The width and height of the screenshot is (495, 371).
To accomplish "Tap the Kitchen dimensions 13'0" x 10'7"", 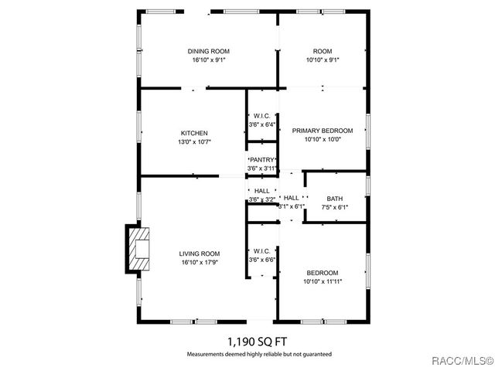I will (194, 142).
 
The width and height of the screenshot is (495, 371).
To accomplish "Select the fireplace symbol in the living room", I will (139, 249).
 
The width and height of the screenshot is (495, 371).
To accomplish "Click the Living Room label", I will (200, 254).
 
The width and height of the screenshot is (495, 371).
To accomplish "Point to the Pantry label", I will (261, 160).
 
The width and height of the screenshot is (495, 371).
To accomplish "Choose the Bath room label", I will (334, 199).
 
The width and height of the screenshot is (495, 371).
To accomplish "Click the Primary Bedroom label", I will (322, 131).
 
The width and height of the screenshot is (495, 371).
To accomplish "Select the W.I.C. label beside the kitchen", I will (261, 115).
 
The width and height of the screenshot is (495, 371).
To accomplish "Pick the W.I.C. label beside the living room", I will (261, 251).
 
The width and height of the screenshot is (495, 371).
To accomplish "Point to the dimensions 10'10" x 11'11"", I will (322, 282).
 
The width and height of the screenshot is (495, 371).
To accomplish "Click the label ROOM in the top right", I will (322, 52).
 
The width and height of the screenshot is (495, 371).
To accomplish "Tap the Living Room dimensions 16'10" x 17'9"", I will (200, 263).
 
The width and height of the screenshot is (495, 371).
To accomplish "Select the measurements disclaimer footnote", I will (258, 354).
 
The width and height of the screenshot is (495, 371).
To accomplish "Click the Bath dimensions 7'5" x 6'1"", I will (334, 207).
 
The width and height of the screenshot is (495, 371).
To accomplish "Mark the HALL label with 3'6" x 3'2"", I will (261, 191).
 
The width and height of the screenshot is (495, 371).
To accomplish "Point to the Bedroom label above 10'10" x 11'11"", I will (322, 273).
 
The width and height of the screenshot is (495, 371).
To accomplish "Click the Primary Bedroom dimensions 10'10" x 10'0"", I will (322, 140).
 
